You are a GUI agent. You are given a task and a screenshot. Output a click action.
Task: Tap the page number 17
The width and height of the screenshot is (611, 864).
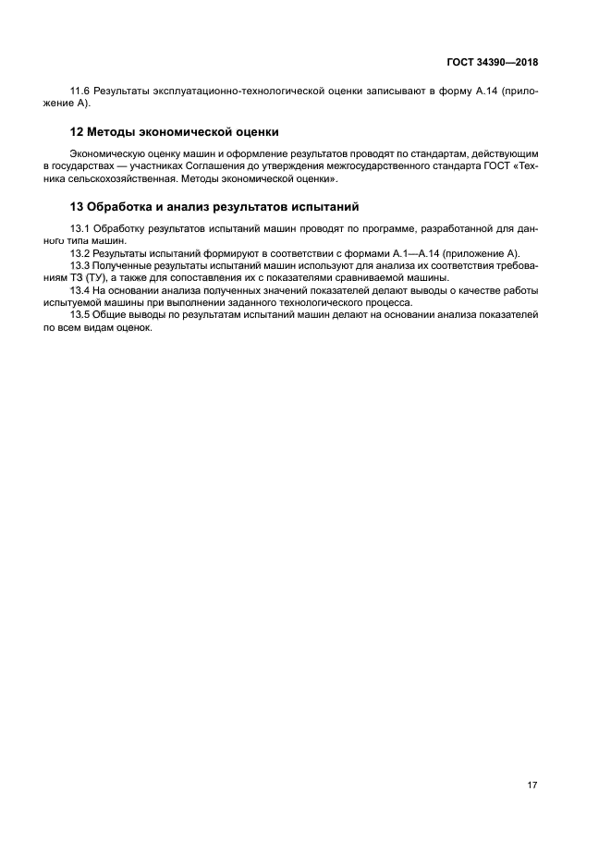click(x=532, y=785)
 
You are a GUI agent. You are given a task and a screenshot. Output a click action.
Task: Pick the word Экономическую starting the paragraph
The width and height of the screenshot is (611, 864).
click(x=104, y=152)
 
